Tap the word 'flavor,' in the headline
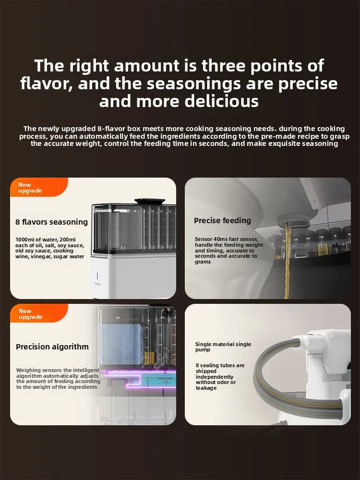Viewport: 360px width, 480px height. (47, 84)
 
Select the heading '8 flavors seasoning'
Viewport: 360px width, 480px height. (51, 222)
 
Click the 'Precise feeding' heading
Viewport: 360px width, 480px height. (222, 220)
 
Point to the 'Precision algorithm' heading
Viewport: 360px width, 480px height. (52, 347)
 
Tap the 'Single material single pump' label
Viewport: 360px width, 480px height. (223, 347)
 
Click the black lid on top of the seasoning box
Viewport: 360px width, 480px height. (150, 202)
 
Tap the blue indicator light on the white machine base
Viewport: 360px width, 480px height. (97, 276)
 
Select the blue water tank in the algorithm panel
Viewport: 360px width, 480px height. (120, 344)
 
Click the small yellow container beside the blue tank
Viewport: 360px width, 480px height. (149, 358)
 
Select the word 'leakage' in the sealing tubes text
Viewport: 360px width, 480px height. (206, 388)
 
